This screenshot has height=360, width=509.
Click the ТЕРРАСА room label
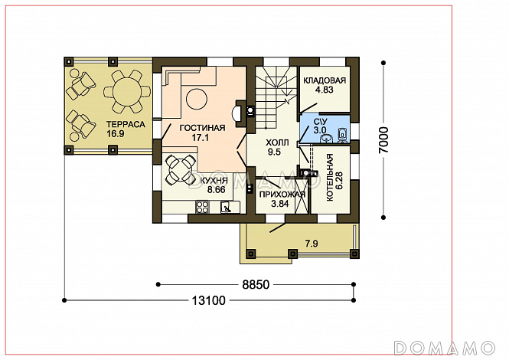126,124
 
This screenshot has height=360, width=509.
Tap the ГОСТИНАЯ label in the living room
202,128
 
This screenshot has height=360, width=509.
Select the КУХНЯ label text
214,181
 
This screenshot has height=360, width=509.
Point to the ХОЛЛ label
277,142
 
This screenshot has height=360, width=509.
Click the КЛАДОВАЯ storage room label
325,80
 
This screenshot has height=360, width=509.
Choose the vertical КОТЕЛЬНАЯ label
330,178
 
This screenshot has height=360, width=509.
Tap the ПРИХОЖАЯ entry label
282,195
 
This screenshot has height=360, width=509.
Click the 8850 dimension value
256,285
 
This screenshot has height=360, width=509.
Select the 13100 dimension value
208,301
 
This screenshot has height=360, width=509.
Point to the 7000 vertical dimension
383,140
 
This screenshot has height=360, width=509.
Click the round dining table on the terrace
127,91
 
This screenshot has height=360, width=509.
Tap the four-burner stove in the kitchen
202,207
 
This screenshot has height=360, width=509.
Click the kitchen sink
227,208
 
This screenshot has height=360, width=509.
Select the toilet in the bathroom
342,135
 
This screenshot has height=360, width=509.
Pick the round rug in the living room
197,100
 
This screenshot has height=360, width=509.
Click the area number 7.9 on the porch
312,244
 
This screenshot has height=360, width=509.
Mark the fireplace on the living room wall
240,113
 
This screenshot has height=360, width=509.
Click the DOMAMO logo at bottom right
445,348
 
